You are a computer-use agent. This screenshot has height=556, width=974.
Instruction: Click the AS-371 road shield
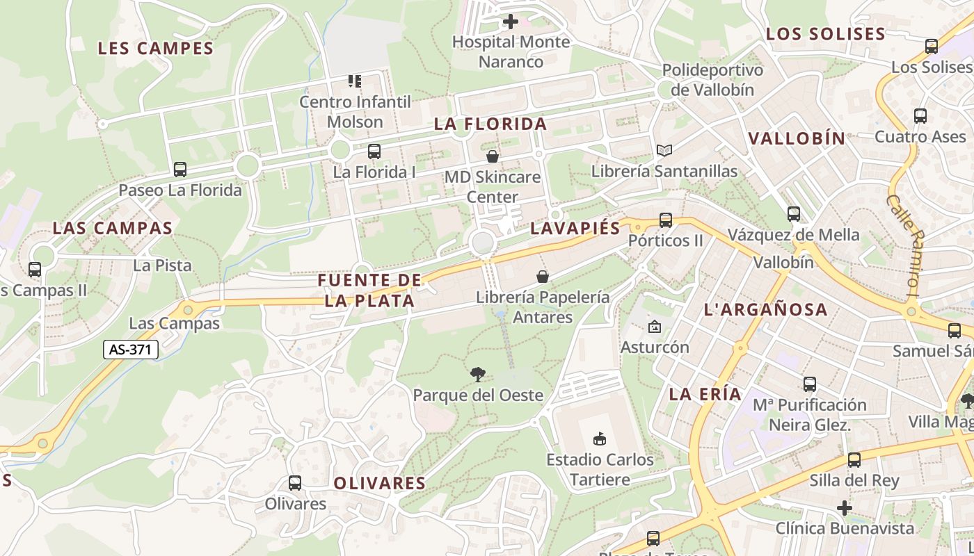131,350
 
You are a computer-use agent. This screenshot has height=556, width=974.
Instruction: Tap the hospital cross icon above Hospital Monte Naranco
510,22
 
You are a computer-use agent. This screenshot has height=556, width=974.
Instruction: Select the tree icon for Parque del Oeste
477,375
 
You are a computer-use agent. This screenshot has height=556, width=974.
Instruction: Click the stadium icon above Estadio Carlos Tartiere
599,439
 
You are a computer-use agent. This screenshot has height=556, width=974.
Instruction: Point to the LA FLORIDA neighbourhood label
490,124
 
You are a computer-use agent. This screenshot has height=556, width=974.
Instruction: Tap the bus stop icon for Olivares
295,483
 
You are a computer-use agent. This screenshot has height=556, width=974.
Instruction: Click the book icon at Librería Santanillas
664,150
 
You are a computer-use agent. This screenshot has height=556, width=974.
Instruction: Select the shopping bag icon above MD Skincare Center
493,156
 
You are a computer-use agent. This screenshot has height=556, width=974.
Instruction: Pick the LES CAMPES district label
155,49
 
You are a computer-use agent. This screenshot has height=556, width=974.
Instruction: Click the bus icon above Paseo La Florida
180,170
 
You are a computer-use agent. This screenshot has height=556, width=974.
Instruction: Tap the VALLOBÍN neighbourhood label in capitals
797,138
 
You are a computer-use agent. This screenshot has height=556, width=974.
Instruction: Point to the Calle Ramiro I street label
903,245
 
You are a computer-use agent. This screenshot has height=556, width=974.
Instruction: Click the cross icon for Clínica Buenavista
844,508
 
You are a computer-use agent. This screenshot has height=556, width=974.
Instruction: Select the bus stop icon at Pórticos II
666,220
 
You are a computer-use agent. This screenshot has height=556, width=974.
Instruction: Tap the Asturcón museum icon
654,327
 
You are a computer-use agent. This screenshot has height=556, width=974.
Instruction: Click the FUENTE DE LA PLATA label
369,291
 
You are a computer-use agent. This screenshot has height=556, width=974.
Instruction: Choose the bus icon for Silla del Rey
854,460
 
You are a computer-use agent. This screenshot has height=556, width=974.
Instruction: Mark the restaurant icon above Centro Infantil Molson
355,81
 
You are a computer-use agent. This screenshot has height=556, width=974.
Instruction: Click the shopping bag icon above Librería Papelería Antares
543,277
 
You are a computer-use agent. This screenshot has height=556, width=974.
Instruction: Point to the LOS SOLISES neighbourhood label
825,34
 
